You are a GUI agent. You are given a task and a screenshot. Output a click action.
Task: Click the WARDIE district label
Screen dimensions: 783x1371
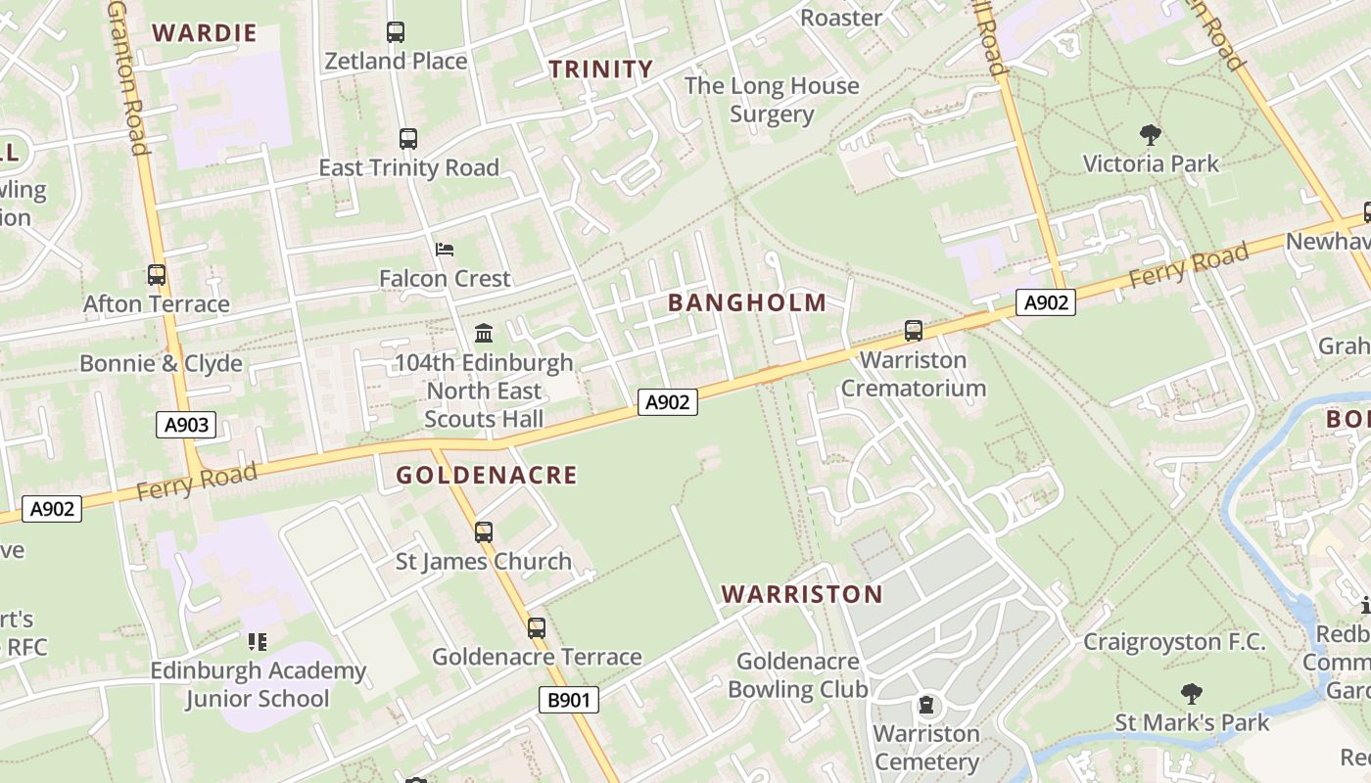click(x=205, y=33)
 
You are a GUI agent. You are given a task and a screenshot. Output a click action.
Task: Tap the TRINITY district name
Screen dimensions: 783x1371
click(x=600, y=69)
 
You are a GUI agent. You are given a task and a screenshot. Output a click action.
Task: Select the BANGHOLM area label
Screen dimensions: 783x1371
click(x=747, y=303)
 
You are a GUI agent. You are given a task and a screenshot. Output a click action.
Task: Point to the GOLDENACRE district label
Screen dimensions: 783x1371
click(x=487, y=476)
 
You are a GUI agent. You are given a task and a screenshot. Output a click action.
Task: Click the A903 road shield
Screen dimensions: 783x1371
click(x=185, y=425)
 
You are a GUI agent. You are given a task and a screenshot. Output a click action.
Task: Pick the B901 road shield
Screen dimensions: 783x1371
click(x=568, y=700)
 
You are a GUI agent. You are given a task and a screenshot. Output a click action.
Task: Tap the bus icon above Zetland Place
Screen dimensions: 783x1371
click(x=396, y=32)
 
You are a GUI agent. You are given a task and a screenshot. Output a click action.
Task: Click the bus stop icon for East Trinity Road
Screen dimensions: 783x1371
click(x=408, y=139)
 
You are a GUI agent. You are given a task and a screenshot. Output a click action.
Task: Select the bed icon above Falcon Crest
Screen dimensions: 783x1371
click(x=445, y=250)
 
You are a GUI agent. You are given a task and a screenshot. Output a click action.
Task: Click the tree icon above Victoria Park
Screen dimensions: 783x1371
click(x=1151, y=134)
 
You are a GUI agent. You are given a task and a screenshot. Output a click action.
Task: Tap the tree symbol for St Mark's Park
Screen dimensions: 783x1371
click(x=1192, y=695)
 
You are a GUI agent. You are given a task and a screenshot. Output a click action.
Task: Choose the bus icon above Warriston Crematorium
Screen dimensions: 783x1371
click(x=914, y=331)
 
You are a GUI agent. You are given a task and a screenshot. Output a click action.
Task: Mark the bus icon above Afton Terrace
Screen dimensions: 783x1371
click(x=157, y=275)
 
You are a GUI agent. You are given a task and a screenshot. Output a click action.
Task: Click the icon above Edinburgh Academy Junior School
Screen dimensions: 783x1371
click(x=258, y=642)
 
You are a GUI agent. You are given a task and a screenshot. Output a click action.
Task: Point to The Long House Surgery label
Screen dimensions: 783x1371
click(x=772, y=100)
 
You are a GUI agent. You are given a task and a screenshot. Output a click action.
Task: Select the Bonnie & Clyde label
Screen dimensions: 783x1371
click(x=161, y=364)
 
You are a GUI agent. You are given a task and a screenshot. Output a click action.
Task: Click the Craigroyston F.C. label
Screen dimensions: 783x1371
click(x=1174, y=643)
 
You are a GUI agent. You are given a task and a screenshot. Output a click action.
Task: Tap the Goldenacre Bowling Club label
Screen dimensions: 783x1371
click(x=797, y=675)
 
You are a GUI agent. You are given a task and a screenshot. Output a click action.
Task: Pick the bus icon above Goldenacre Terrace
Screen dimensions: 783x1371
click(x=537, y=628)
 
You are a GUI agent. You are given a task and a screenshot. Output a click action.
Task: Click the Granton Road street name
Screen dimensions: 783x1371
click(x=128, y=78)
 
